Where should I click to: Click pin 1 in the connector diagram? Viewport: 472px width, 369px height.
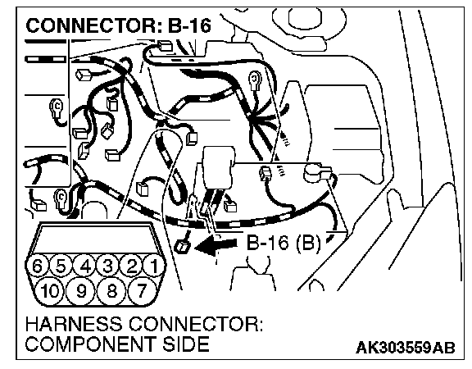(x=154, y=266)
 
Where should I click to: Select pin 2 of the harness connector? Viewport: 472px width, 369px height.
(x=131, y=266)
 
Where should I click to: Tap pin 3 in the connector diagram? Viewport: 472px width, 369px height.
(x=108, y=266)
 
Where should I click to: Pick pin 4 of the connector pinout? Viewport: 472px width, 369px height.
(x=85, y=266)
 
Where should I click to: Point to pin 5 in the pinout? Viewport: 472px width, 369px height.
(x=61, y=266)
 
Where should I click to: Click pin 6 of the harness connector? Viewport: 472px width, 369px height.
(x=38, y=266)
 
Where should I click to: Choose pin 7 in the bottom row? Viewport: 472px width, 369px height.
(x=142, y=290)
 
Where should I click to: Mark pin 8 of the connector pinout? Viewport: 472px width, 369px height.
(x=111, y=290)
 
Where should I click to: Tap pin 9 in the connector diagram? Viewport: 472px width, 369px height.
(x=80, y=290)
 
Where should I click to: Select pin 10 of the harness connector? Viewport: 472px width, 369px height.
(x=50, y=290)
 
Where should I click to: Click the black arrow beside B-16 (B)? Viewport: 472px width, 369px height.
(x=216, y=245)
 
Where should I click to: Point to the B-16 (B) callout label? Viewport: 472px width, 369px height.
(x=284, y=242)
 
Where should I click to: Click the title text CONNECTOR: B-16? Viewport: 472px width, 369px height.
(x=118, y=25)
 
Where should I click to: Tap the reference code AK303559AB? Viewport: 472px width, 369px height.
(x=406, y=348)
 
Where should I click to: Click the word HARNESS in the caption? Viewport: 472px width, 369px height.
(x=75, y=325)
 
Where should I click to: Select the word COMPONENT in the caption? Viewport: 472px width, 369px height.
(x=91, y=344)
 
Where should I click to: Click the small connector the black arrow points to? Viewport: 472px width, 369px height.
(x=182, y=247)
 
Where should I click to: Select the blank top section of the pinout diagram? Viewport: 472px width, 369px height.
(x=95, y=239)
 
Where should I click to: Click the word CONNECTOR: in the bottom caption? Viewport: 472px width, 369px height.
(x=196, y=325)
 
